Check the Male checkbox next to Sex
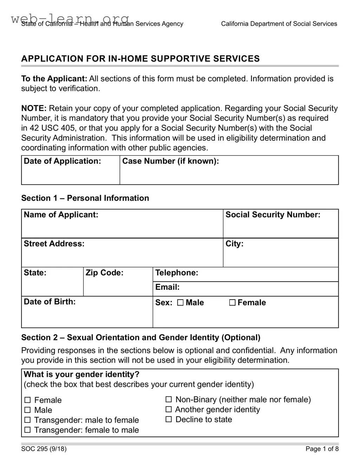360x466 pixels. (x=180, y=303)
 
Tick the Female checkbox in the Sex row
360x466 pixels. (x=232, y=303)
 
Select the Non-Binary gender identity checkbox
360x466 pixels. (x=169, y=399)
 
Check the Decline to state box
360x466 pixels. (x=169, y=419)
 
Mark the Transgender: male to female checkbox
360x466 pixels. (x=27, y=420)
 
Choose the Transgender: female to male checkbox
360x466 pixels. (x=27, y=430)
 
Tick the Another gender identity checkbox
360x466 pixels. (x=169, y=409)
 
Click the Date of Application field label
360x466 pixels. (x=62, y=161)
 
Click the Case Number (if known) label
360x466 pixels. (x=170, y=161)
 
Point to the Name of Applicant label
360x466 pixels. (x=61, y=215)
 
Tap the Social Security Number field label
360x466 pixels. (x=273, y=215)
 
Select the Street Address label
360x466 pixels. (x=54, y=244)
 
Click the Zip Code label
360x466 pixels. (x=104, y=273)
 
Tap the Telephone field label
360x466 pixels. (x=177, y=273)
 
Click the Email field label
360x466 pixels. (x=167, y=287)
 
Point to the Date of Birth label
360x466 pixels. (x=50, y=302)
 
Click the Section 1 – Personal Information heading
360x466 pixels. (x=85, y=198)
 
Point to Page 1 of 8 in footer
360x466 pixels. (x=322, y=448)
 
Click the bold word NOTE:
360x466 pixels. (x=34, y=108)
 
